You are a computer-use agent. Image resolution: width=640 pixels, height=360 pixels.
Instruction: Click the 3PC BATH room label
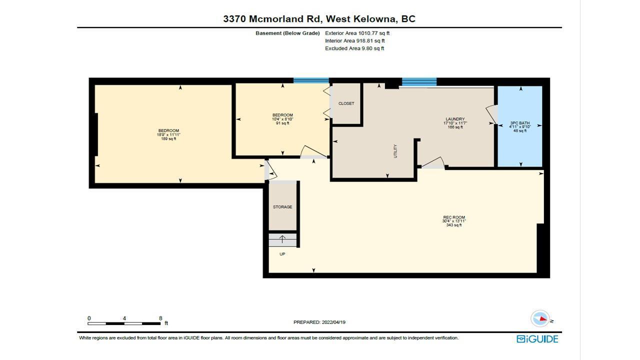(x=519, y=123)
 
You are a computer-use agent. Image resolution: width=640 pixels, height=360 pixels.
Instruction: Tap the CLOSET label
(x=346, y=103)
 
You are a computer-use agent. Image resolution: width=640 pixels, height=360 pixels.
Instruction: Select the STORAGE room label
(x=282, y=207)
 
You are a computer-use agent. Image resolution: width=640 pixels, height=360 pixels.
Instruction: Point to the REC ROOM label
(x=454, y=217)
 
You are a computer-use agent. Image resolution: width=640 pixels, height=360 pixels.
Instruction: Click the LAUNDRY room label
(x=455, y=119)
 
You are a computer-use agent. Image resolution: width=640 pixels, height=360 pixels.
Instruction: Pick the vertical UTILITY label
(x=395, y=151)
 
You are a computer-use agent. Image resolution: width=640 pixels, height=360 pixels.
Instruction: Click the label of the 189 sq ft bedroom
(x=168, y=130)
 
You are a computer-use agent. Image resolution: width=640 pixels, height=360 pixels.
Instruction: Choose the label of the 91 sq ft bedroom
(x=282, y=115)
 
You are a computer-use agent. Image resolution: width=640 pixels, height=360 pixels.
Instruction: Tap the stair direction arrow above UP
(x=282, y=239)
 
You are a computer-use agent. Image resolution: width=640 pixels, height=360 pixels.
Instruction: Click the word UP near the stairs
(x=282, y=254)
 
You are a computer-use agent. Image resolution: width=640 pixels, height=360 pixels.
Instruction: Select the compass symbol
(x=540, y=318)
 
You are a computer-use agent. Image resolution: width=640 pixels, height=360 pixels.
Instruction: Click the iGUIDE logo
(x=537, y=339)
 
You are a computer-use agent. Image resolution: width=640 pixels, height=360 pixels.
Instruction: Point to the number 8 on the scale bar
(x=160, y=318)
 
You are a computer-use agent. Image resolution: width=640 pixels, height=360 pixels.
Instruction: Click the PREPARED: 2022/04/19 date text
(x=319, y=322)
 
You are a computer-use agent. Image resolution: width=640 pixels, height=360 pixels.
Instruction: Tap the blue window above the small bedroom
(x=311, y=80)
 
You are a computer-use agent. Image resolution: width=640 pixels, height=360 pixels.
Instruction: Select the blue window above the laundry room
(x=419, y=81)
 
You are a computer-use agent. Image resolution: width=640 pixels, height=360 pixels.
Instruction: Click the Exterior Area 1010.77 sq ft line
(x=357, y=33)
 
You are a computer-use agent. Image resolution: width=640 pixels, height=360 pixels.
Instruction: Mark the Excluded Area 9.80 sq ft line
(x=354, y=48)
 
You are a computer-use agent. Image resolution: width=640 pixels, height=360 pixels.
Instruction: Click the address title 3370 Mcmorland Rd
(x=273, y=19)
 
